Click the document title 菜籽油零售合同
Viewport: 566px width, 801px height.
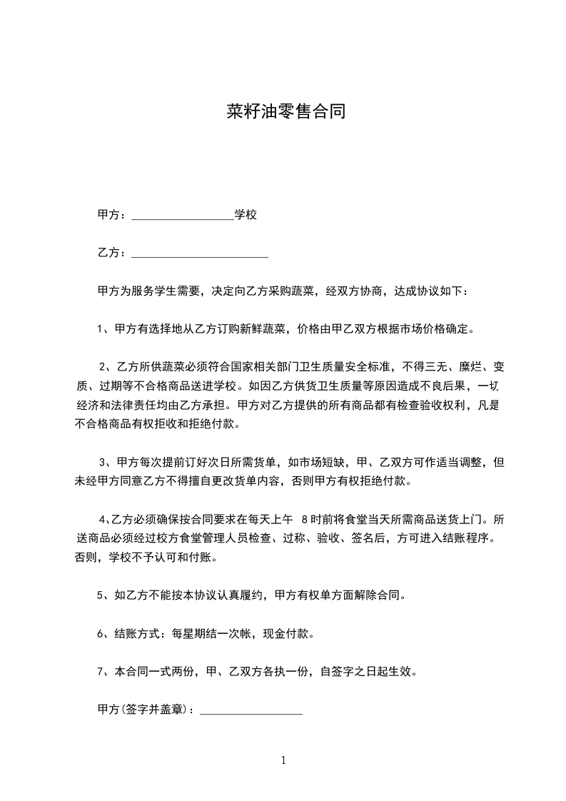coord(285,112)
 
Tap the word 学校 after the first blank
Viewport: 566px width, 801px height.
coord(246,214)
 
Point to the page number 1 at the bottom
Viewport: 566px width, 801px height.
coord(283,760)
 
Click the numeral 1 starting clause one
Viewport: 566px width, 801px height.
coord(100,330)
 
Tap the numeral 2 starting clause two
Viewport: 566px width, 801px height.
coord(103,368)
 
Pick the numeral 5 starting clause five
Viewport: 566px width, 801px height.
coord(100,595)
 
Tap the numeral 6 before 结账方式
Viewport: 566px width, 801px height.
coord(100,633)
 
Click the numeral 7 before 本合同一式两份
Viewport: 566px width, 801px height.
coord(100,672)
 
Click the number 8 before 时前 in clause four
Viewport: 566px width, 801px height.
coord(306,519)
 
